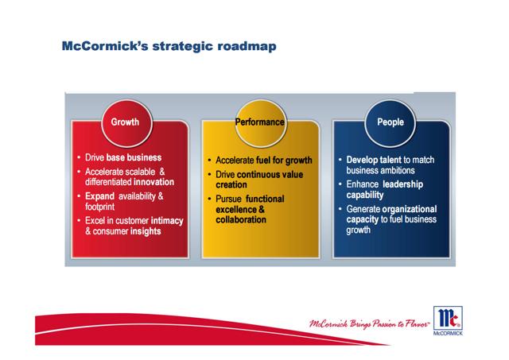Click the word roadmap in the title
(247, 46)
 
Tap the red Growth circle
(127, 123)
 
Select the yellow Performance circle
(261, 123)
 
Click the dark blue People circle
(390, 123)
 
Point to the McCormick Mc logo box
(448, 318)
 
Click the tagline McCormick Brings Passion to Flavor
(369, 323)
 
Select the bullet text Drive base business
(123, 157)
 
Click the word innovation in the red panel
(153, 182)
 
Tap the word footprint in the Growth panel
(99, 207)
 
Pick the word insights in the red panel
(146, 231)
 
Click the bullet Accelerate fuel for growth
(264, 161)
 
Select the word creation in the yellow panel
(231, 185)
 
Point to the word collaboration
(241, 220)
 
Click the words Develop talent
(374, 160)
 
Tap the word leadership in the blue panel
(403, 184)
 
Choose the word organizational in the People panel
(414, 209)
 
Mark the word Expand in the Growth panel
(99, 196)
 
